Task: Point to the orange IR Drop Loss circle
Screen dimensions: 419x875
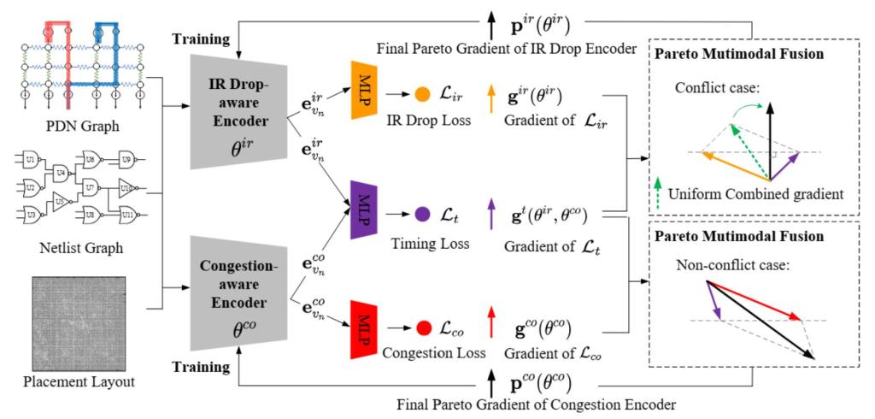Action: click(x=421, y=94)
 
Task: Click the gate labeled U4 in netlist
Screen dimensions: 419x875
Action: click(x=61, y=174)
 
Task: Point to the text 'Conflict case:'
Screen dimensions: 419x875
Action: click(x=715, y=88)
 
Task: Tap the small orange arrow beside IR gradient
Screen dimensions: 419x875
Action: click(x=490, y=95)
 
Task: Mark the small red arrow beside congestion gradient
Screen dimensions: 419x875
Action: click(x=490, y=328)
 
